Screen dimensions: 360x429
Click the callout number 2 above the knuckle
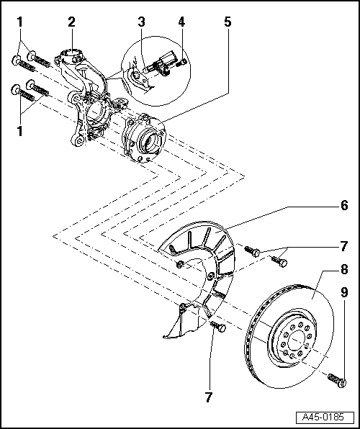(71, 22)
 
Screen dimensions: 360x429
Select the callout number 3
(141, 22)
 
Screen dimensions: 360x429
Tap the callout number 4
(181, 22)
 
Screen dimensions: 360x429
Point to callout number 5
(228, 22)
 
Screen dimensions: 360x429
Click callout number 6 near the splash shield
(344, 205)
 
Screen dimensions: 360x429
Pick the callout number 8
(344, 269)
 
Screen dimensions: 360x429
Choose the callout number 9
(344, 292)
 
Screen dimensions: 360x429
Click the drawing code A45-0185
(323, 417)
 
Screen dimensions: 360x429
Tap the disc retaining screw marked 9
(337, 380)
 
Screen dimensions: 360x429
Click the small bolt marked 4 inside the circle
(182, 63)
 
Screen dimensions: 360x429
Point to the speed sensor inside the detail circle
(160, 64)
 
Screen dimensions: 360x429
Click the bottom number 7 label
(209, 397)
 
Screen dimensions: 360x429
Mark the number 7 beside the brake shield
(344, 246)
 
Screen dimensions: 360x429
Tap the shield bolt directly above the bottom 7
(218, 326)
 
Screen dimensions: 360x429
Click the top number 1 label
(19, 22)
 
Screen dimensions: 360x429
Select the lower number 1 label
(19, 132)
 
